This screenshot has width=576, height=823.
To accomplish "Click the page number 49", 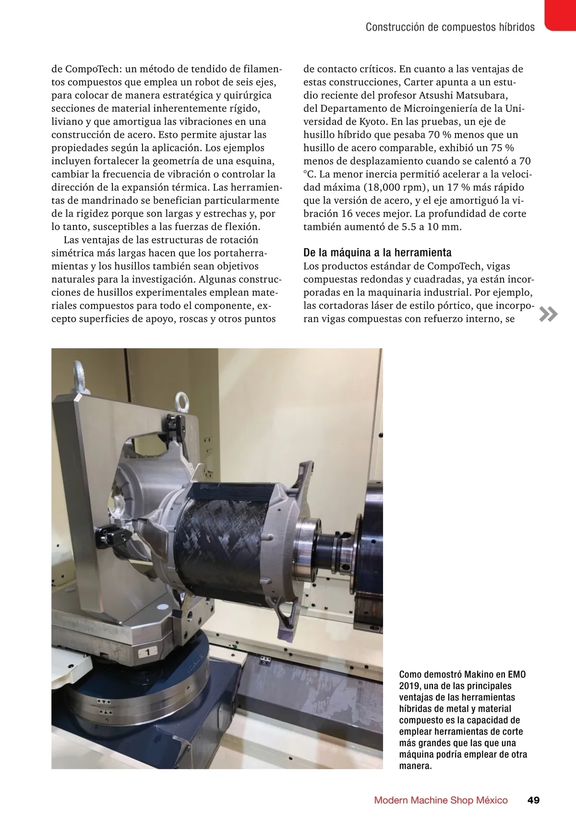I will pos(533,800).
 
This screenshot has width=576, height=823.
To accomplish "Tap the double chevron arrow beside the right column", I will pos(548,314).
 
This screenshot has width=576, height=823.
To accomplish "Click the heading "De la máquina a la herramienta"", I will pos(377,253).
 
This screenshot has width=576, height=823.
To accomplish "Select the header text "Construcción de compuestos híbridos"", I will pos(450,27).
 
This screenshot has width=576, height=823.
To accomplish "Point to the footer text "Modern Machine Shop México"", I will pos(440,800).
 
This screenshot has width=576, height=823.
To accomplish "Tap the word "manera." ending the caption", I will pos(416,765).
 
